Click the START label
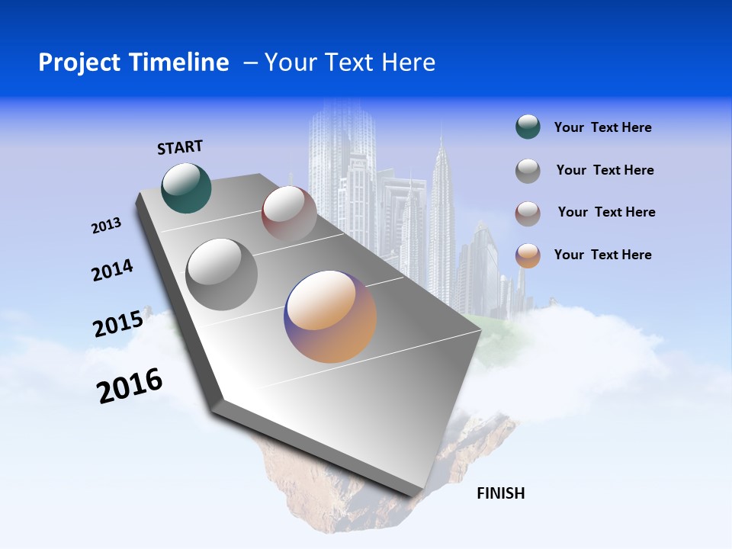point(180,147)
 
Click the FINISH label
point(501,493)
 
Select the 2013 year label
point(106,226)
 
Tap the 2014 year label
point(112,271)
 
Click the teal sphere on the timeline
point(186,188)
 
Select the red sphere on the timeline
point(289,213)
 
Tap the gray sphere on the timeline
point(221,274)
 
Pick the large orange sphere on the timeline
point(330,316)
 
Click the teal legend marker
point(528,127)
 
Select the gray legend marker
point(528,171)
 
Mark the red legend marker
point(528,213)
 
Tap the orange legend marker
point(528,255)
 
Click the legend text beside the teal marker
point(602,127)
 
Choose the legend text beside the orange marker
point(602,255)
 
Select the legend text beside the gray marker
point(605,170)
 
